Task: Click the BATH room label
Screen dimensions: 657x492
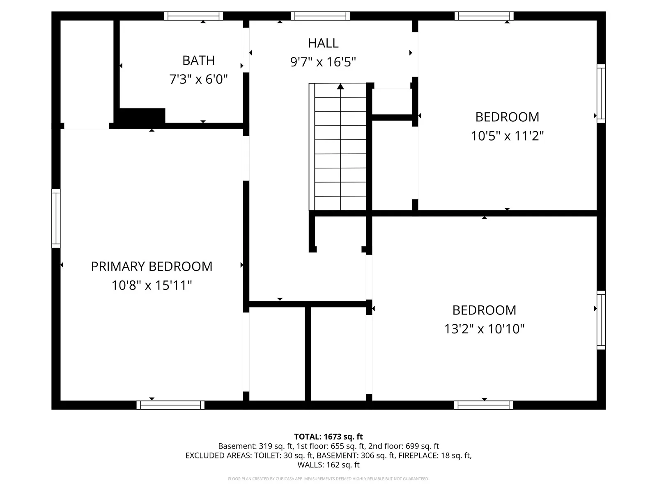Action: pyautogui.click(x=198, y=61)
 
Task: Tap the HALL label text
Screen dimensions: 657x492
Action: pyautogui.click(x=323, y=43)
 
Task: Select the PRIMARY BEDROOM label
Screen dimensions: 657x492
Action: pyautogui.click(x=152, y=266)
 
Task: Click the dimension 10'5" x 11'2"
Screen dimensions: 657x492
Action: pyautogui.click(x=507, y=136)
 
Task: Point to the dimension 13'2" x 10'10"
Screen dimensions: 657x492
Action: pyautogui.click(x=484, y=329)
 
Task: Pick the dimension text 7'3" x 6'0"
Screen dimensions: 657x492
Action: pyautogui.click(x=198, y=80)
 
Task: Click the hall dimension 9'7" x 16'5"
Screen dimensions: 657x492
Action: pyautogui.click(x=323, y=62)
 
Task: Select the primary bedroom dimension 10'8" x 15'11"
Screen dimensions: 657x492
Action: pyautogui.click(x=152, y=285)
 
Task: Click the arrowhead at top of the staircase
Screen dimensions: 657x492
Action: pyautogui.click(x=340, y=87)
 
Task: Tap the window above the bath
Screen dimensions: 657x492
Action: pyautogui.click(x=193, y=16)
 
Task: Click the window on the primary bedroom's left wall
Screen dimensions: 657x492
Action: pyautogui.click(x=56, y=219)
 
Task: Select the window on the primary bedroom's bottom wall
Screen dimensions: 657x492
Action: pyautogui.click(x=170, y=405)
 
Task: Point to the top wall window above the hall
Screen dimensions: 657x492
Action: pyautogui.click(x=320, y=16)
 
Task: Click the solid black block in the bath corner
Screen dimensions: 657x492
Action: pyautogui.click(x=142, y=116)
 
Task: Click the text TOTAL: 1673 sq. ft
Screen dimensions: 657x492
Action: pyautogui.click(x=328, y=437)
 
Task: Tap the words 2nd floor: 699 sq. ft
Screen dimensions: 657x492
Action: pyautogui.click(x=404, y=446)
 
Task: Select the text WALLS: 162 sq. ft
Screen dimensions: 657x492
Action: pyautogui.click(x=328, y=465)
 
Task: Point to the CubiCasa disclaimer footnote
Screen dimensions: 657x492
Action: pyautogui.click(x=328, y=479)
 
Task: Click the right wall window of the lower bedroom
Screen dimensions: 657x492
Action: pyautogui.click(x=601, y=320)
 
